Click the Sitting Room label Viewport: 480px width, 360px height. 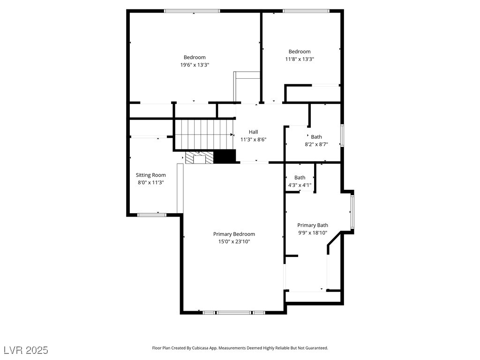[150, 175]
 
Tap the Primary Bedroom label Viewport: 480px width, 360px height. [234, 234]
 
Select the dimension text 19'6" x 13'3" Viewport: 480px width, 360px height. [195, 65]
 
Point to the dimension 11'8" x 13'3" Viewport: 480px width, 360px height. [299, 59]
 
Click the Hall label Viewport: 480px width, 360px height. [253, 132]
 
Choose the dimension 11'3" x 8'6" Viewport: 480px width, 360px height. [253, 139]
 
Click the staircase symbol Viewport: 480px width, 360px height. [204, 134]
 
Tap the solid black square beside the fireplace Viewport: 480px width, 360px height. [224, 157]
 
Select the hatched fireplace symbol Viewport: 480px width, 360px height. [199, 157]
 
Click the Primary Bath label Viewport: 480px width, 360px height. [313, 225]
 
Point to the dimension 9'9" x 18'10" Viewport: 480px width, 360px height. [313, 232]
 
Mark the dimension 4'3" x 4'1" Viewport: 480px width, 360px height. [300, 185]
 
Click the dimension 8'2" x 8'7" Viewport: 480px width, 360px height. [316, 144]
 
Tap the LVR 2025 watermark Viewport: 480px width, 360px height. [26, 350]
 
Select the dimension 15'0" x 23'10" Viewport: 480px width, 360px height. [234, 241]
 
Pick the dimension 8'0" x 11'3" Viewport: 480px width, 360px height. [150, 182]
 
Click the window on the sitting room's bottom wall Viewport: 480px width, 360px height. [151, 215]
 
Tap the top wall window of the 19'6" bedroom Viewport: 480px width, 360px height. [192, 11]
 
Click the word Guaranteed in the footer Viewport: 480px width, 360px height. [316, 348]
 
